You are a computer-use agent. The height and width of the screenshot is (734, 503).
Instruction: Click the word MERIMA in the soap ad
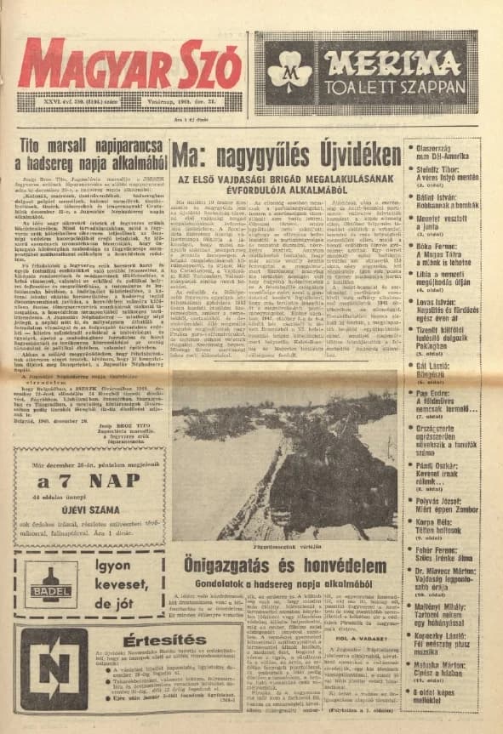point(393,57)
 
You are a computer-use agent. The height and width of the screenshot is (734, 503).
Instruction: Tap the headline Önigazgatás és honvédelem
point(285,565)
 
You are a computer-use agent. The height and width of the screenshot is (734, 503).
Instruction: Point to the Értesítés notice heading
point(129,641)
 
